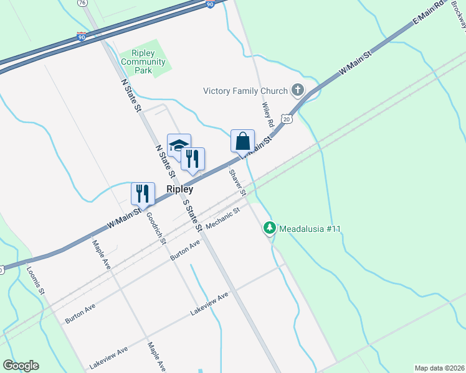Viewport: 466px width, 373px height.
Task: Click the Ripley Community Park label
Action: coord(143,62)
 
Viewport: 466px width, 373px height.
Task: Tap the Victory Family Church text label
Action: coord(245,91)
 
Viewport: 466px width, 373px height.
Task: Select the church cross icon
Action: coord(297,91)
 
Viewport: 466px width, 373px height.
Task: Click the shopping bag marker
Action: coord(242,141)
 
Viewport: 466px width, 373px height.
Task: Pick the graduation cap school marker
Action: coord(179,145)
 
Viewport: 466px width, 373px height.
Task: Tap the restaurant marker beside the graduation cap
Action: coord(193,159)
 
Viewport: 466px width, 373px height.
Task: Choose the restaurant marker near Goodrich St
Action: coord(143,193)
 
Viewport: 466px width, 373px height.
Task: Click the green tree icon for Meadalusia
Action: coord(270,228)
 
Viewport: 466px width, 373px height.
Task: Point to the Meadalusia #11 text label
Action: coord(310,229)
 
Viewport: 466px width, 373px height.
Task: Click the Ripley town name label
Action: coord(179,190)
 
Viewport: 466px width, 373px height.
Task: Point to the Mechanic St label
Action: coord(222,219)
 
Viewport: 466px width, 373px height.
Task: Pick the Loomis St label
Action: coord(36,280)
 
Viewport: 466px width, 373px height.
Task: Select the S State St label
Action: coord(192,214)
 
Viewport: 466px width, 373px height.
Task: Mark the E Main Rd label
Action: coord(429,13)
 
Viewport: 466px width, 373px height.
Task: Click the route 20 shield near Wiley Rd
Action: coord(286,118)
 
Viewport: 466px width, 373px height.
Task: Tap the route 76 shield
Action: coord(82,3)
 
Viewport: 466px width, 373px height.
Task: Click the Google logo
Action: coord(21,366)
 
